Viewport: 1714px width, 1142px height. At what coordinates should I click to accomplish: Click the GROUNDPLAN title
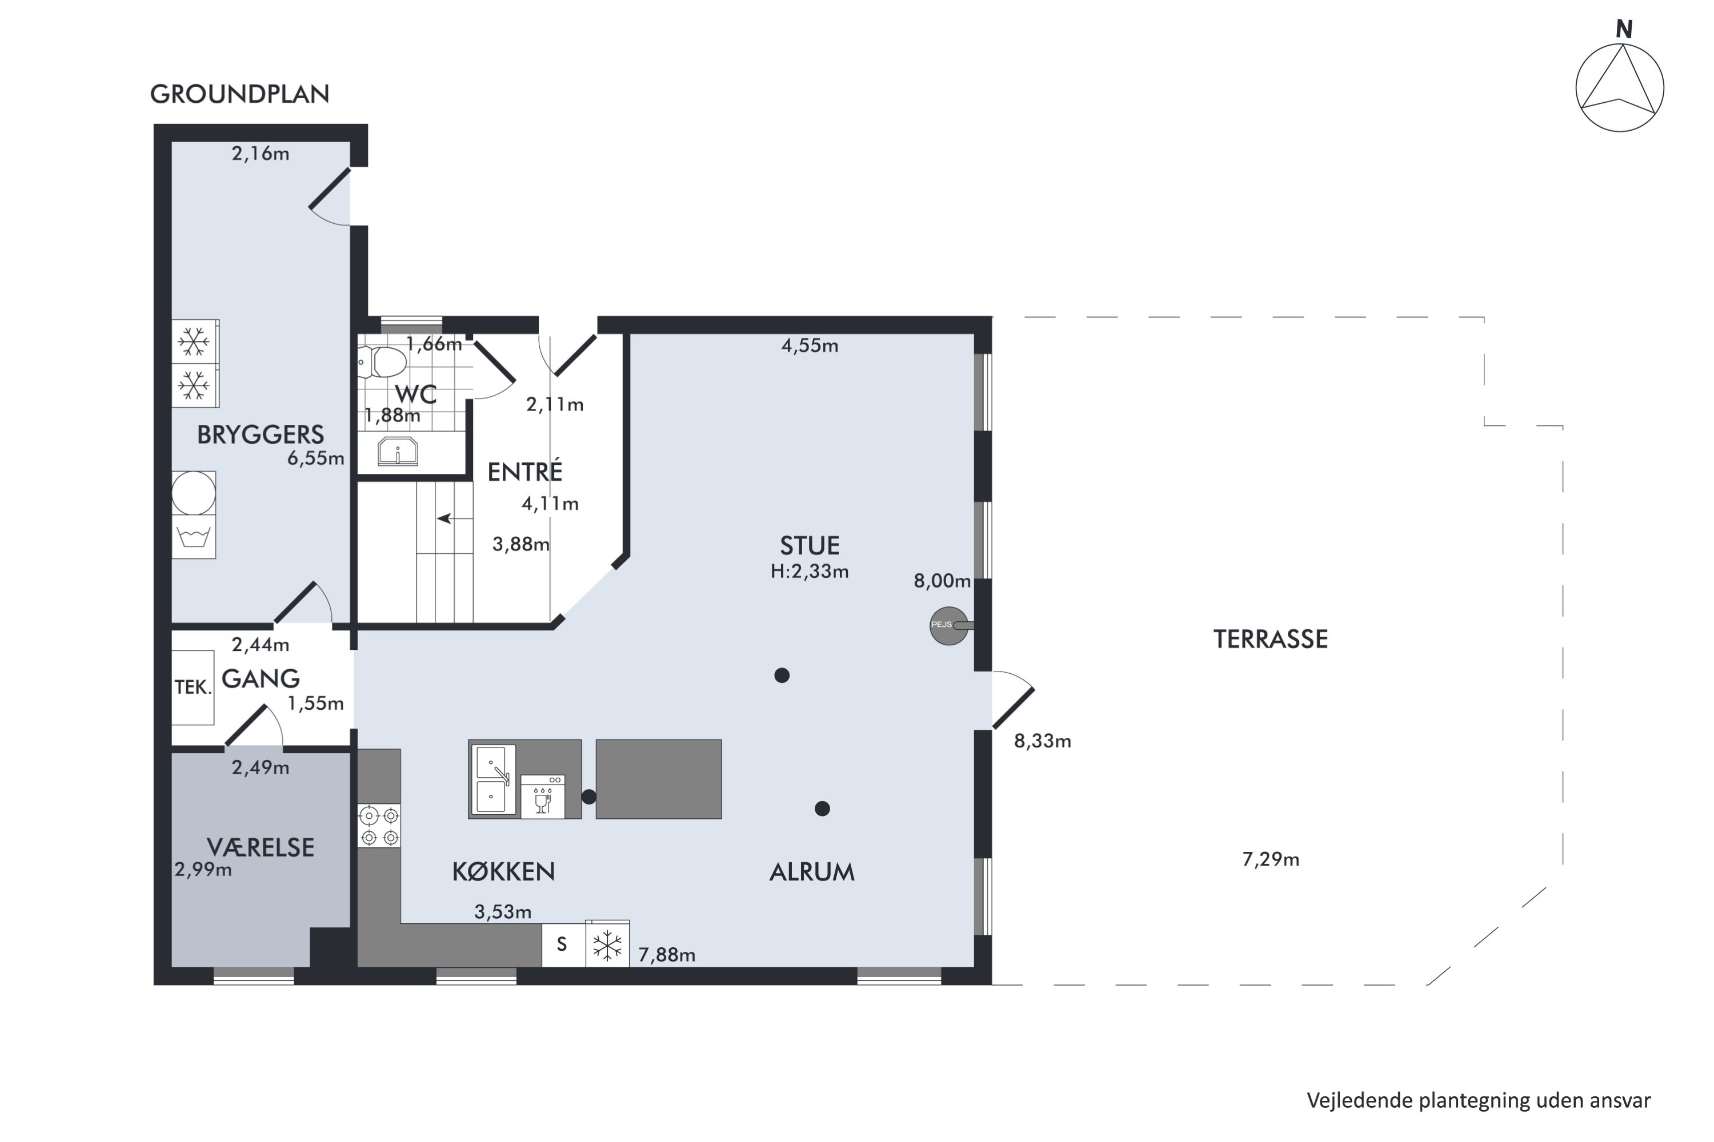click(x=240, y=94)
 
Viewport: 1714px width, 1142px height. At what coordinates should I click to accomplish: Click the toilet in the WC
click(x=383, y=361)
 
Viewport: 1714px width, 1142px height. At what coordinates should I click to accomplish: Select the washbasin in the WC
click(x=397, y=451)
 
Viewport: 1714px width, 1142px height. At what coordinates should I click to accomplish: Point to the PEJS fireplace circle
click(x=949, y=626)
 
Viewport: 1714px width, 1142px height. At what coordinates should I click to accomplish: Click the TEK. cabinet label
click(x=193, y=687)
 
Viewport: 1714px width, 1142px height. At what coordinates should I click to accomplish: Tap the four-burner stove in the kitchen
click(x=379, y=826)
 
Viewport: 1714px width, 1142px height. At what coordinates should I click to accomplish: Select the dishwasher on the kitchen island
click(x=543, y=797)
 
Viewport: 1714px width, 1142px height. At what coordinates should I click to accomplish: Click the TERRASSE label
click(x=1270, y=639)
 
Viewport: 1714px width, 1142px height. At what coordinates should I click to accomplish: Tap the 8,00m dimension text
click(x=942, y=581)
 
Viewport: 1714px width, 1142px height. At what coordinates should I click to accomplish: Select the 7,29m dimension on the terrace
click(x=1271, y=859)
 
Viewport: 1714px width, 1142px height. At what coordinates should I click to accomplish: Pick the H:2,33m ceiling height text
click(x=810, y=571)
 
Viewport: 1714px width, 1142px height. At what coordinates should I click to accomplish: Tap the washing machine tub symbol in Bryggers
click(x=194, y=537)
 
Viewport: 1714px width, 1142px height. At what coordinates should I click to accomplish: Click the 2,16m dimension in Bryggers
click(x=260, y=154)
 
